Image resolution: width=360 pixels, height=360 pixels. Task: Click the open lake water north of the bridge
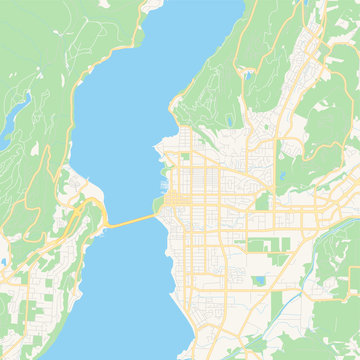coord(120,120)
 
